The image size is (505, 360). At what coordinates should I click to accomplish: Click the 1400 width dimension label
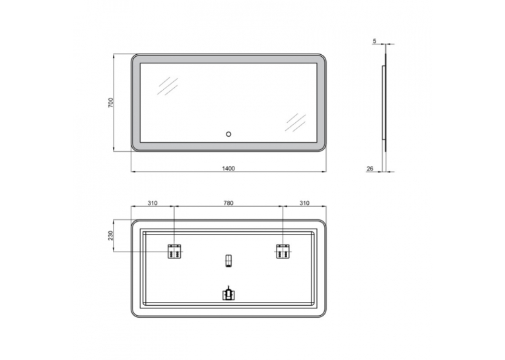point(228,168)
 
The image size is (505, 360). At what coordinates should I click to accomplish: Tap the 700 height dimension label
point(111,102)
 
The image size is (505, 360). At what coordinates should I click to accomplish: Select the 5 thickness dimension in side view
point(374,41)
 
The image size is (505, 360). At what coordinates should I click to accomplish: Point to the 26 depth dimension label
point(370,168)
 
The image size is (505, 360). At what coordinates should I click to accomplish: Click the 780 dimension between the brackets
point(228,203)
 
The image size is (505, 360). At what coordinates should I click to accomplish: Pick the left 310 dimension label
point(152,203)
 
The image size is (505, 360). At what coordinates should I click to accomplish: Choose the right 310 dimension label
point(304,203)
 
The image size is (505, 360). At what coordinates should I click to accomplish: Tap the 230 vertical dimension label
point(111,236)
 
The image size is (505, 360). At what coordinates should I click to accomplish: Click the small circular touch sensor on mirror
point(228,134)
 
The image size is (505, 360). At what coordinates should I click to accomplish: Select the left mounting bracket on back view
point(174,252)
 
